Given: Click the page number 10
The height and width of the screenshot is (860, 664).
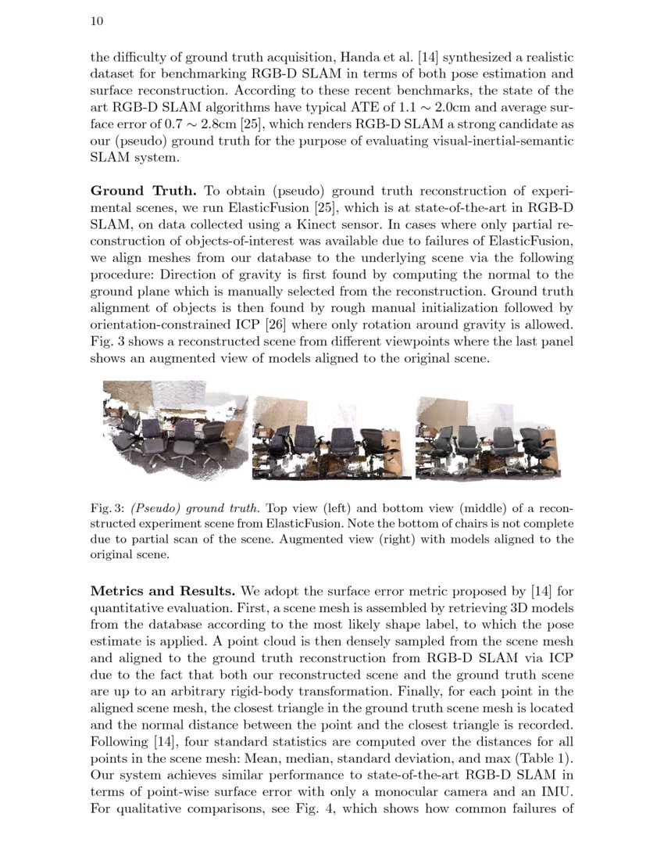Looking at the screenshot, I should (x=98, y=21).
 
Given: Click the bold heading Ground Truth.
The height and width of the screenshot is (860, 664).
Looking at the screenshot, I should (x=145, y=191).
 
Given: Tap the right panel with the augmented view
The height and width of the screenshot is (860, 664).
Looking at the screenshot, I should (x=487, y=438).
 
